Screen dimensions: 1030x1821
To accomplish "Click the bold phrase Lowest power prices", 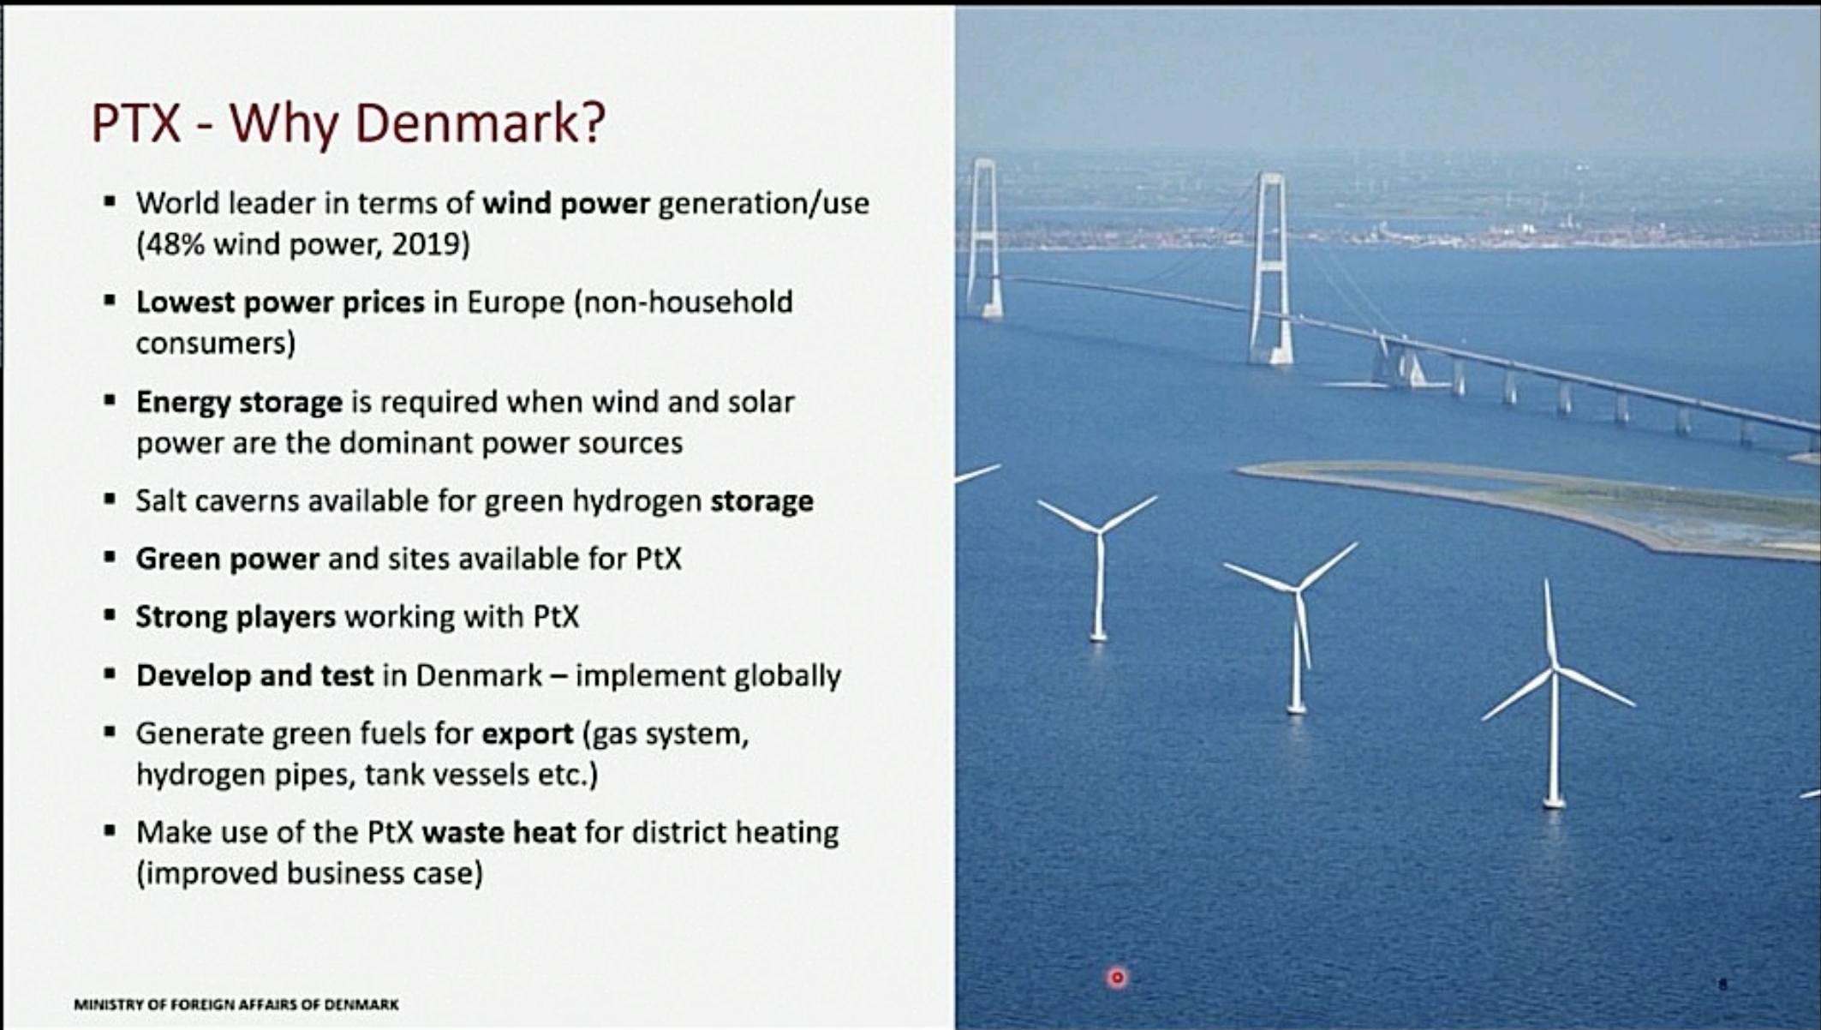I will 280,302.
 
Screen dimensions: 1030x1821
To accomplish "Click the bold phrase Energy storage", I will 239,402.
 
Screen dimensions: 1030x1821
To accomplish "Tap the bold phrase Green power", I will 227,559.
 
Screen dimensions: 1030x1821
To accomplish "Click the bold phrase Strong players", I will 236,617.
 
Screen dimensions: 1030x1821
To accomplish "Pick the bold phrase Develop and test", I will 254,675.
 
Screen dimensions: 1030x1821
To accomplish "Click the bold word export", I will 527,734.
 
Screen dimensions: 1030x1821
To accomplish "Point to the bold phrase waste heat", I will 499,832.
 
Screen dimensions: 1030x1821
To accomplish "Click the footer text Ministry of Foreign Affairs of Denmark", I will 236,1004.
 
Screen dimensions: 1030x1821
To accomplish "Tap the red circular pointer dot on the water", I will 1117,977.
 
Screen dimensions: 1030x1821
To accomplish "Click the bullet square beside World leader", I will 110,203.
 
